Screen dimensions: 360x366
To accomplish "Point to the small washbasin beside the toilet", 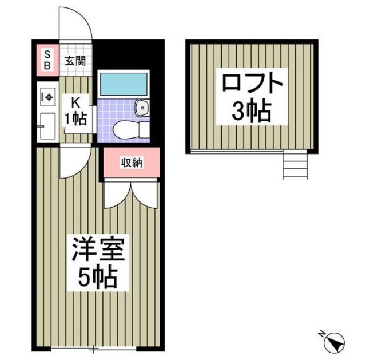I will pos(141,107).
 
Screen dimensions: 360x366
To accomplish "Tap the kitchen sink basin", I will pos(46,124).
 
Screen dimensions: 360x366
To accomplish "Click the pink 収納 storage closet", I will pos(132,163).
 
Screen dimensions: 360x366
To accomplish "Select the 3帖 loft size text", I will pos(252,112).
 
